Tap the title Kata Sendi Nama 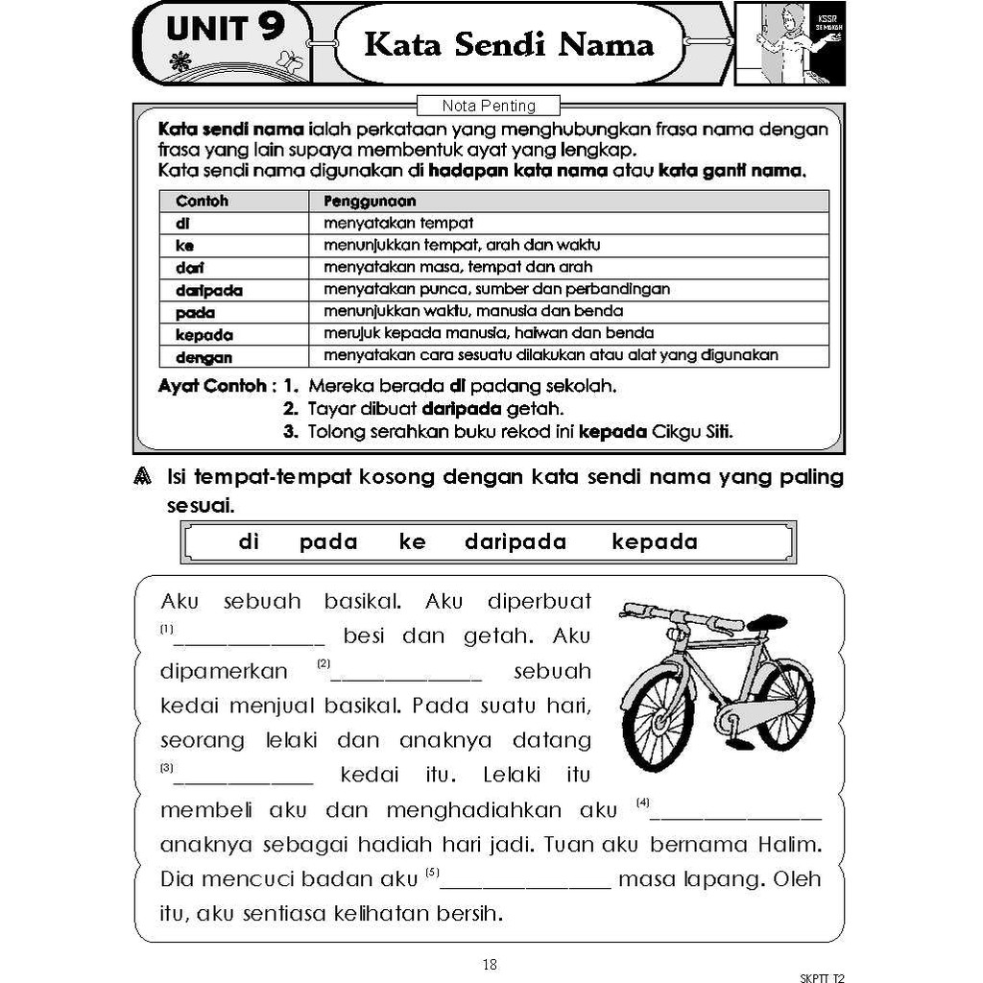point(509,44)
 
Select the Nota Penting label point(489,106)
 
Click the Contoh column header point(202,202)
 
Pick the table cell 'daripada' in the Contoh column point(208,290)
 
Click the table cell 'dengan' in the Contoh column point(204,357)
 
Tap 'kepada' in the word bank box point(655,542)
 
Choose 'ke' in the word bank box point(412,542)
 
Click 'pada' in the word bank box point(328,542)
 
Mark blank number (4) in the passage point(736,812)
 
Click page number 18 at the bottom point(490,965)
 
